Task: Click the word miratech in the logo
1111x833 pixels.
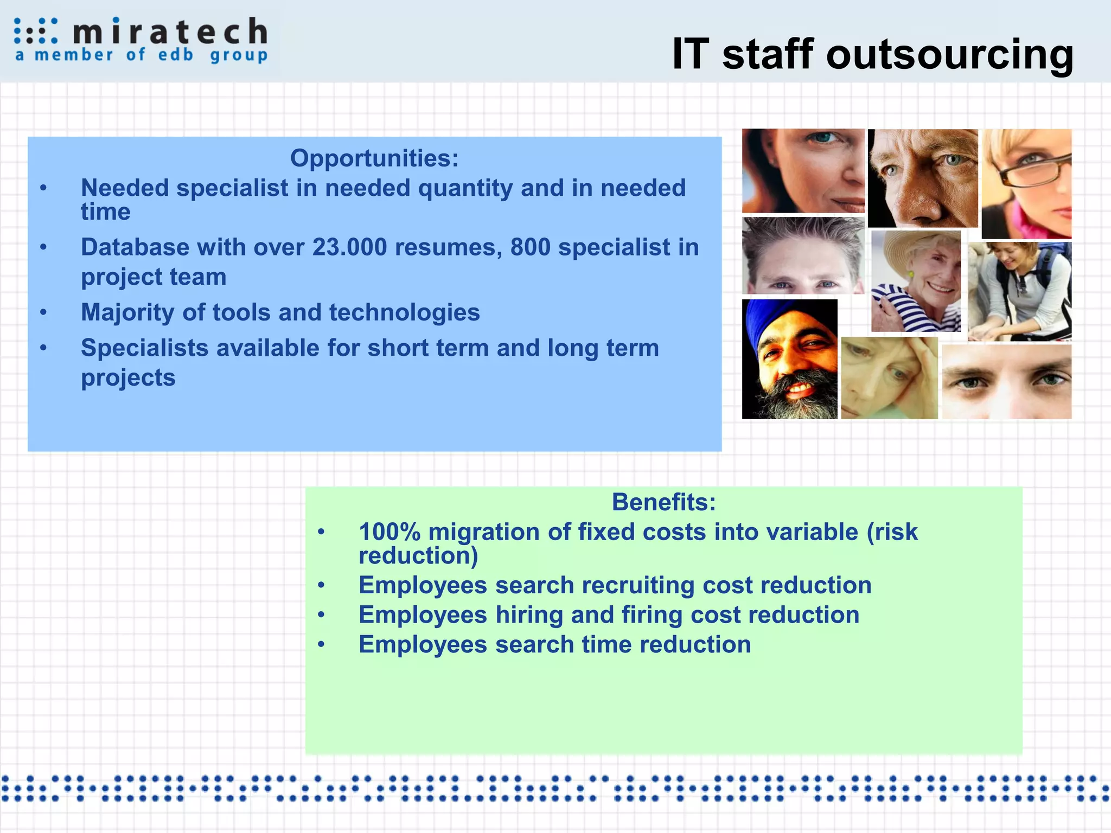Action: pos(170,31)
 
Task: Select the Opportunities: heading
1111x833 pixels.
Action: pos(374,158)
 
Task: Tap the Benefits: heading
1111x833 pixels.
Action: pos(663,502)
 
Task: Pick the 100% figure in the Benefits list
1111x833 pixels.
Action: pos(390,532)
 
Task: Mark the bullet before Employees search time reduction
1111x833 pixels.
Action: pos(321,645)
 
